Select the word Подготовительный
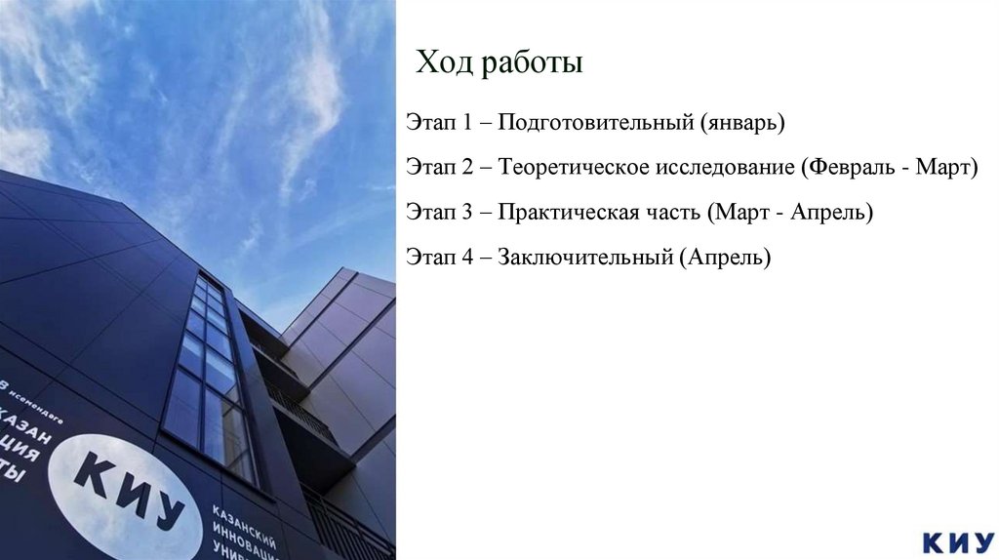click(594, 124)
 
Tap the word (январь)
click(741, 124)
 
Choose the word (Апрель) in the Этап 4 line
click(727, 258)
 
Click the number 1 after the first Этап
click(468, 124)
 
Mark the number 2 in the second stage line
click(468, 168)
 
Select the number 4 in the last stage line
click(468, 258)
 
